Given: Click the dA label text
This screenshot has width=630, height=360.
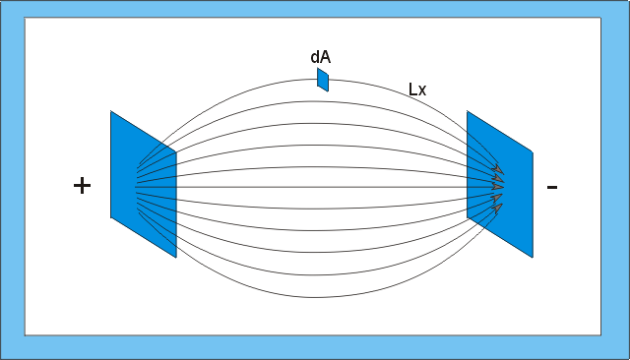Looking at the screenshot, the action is (321, 57).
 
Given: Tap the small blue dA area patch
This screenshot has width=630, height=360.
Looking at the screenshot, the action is (323, 80).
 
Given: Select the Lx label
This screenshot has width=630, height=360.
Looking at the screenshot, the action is (417, 90).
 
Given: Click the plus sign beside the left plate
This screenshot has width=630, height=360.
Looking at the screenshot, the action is (82, 186).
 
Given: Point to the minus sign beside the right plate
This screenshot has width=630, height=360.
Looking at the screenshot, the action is (552, 187).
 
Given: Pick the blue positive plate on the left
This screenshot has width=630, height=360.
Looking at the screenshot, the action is (144, 184).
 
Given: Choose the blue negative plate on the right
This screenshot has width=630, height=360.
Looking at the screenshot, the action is (500, 184).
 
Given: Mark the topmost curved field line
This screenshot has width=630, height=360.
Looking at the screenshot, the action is (317, 79).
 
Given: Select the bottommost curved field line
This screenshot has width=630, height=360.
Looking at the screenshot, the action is (315, 297).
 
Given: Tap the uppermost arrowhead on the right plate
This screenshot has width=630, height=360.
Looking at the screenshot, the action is (499, 169).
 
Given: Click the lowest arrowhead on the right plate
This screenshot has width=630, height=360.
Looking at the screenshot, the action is (498, 208).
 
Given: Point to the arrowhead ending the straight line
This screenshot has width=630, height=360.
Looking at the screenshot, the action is (498, 187).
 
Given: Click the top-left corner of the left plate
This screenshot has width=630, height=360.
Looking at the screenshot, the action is (110, 111).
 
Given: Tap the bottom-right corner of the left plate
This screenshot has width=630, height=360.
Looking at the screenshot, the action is (176, 258).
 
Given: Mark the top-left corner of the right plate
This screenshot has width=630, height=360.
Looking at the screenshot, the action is (467, 111).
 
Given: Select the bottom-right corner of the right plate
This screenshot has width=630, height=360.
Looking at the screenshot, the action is (533, 258).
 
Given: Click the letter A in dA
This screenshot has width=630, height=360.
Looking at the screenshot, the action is (326, 57).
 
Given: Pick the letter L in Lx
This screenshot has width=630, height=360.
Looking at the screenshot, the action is (412, 90).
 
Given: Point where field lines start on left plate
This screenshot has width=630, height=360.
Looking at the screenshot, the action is (136, 187).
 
